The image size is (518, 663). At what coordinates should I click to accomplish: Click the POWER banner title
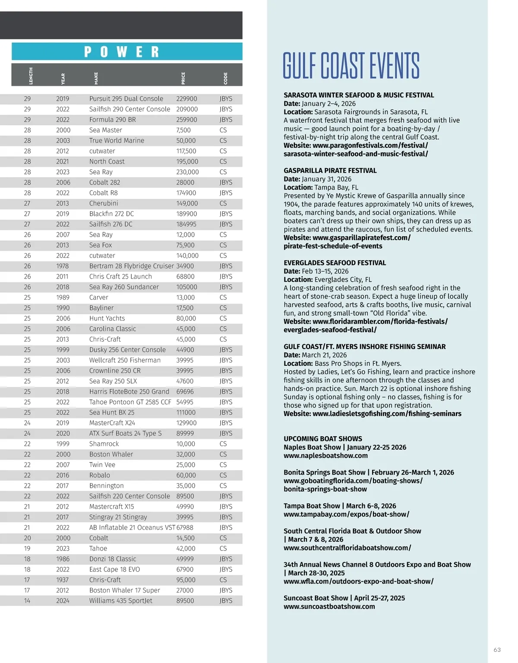tap(122, 52)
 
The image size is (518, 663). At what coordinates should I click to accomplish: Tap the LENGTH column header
tap(31, 76)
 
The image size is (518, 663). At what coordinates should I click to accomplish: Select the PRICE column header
tap(183, 78)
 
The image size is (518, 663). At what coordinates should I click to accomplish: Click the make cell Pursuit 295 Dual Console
tap(126, 99)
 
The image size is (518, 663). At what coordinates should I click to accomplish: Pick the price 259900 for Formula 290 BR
tap(186, 120)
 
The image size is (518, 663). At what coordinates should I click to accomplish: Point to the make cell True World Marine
tap(117, 140)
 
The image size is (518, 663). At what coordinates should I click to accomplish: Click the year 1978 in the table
tap(63, 266)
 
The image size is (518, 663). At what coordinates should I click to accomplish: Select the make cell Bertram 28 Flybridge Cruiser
tap(131, 266)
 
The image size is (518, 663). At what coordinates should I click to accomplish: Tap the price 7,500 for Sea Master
tap(183, 130)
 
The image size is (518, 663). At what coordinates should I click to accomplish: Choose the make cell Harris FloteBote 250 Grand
tap(129, 392)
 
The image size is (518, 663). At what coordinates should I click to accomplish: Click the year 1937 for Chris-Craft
tap(63, 580)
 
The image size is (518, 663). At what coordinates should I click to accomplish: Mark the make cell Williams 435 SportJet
tap(120, 601)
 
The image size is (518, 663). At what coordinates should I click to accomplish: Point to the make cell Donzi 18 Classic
tap(112, 559)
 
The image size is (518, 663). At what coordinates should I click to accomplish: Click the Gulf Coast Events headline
tap(351, 66)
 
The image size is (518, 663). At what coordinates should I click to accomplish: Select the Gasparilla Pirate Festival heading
tap(330, 171)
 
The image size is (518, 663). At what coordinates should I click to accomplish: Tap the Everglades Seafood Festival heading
tap(335, 263)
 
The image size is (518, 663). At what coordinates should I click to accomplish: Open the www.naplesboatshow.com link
tap(325, 456)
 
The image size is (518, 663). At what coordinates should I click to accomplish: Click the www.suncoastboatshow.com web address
tap(329, 606)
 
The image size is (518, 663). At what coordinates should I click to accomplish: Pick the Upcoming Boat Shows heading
tap(322, 439)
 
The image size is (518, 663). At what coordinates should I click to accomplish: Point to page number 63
tap(497, 650)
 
